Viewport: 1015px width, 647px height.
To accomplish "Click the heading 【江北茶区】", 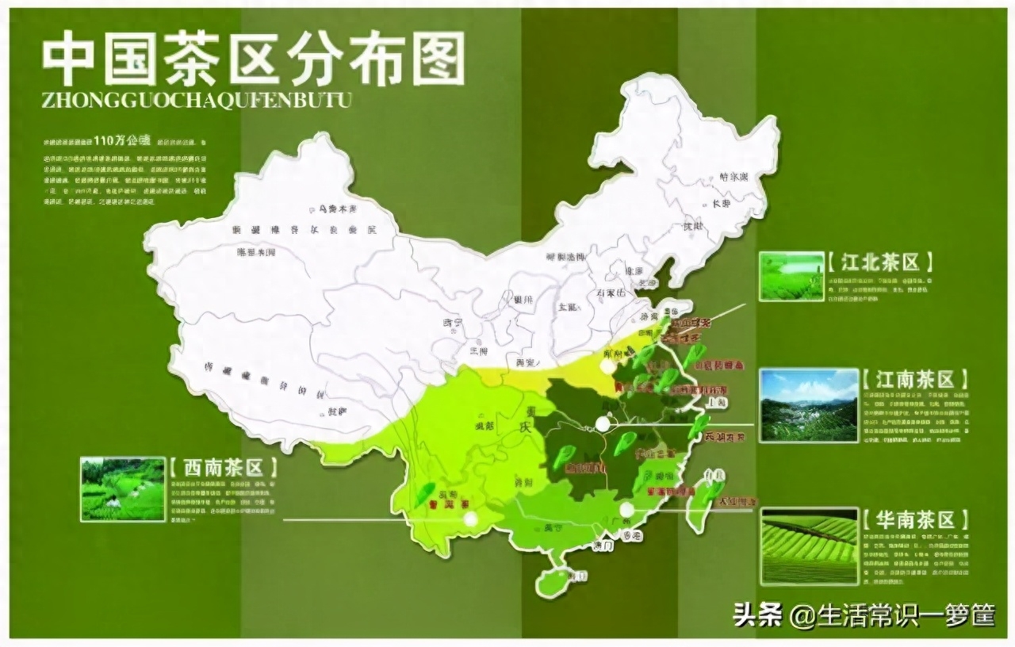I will (x=880, y=262).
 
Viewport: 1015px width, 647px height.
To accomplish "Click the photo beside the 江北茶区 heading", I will (x=791, y=277).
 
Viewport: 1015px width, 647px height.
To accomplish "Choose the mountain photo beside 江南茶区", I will (x=810, y=405).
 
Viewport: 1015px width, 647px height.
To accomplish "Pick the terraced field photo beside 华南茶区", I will (x=810, y=546).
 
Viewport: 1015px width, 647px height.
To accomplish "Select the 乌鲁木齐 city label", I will (x=339, y=209).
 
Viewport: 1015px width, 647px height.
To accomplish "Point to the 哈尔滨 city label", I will (x=733, y=177).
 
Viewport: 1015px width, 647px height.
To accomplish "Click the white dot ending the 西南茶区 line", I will (x=471, y=519).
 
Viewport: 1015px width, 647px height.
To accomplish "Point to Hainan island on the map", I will (x=552, y=581).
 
